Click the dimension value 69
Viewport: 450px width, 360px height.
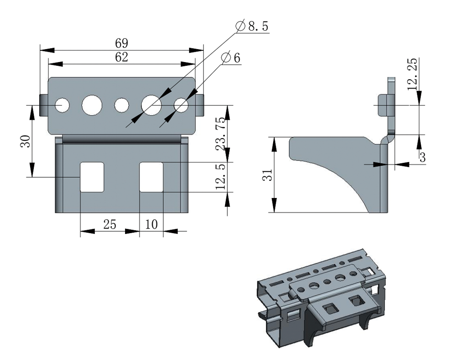click(x=121, y=44)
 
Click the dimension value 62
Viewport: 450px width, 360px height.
click(x=121, y=58)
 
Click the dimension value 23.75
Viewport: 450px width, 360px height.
click(x=220, y=135)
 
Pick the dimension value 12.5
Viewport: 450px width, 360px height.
click(x=220, y=177)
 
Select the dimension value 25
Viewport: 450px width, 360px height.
click(x=110, y=224)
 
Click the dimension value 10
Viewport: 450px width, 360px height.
click(x=151, y=224)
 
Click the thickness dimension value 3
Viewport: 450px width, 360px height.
click(x=423, y=157)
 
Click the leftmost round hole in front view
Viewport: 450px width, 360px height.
click(x=62, y=105)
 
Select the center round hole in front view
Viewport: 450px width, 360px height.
click(x=121, y=105)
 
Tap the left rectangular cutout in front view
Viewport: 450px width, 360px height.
click(x=92, y=177)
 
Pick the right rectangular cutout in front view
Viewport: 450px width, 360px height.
click(x=151, y=177)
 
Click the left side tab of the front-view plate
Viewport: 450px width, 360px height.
click(x=44, y=105)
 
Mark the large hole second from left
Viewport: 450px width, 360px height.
click(x=92, y=105)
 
